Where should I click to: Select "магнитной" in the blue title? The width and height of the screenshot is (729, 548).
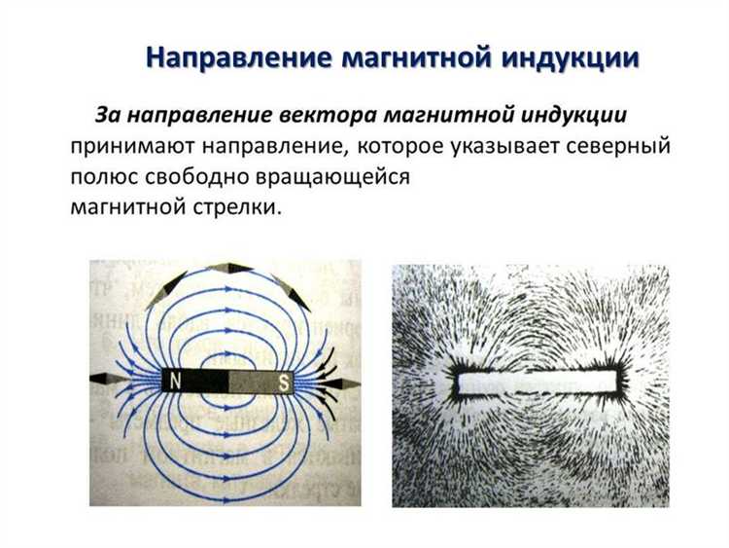tap(418, 57)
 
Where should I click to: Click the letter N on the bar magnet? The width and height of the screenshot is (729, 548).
tap(176, 382)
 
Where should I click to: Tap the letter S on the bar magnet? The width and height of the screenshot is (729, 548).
tap(284, 382)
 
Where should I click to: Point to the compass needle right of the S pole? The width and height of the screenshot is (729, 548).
tap(342, 384)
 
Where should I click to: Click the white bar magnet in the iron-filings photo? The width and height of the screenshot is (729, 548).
tap(538, 382)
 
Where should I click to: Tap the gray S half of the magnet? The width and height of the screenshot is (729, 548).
tap(262, 382)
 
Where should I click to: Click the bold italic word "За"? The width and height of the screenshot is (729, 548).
tap(107, 115)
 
